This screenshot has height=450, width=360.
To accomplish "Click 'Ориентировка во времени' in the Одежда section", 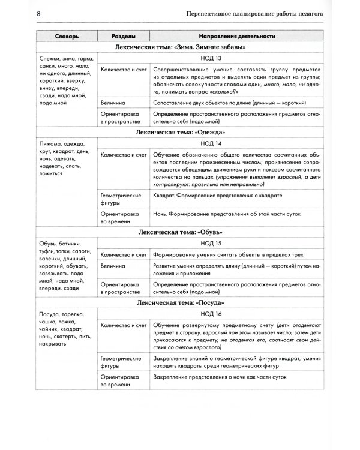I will click(121, 217).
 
